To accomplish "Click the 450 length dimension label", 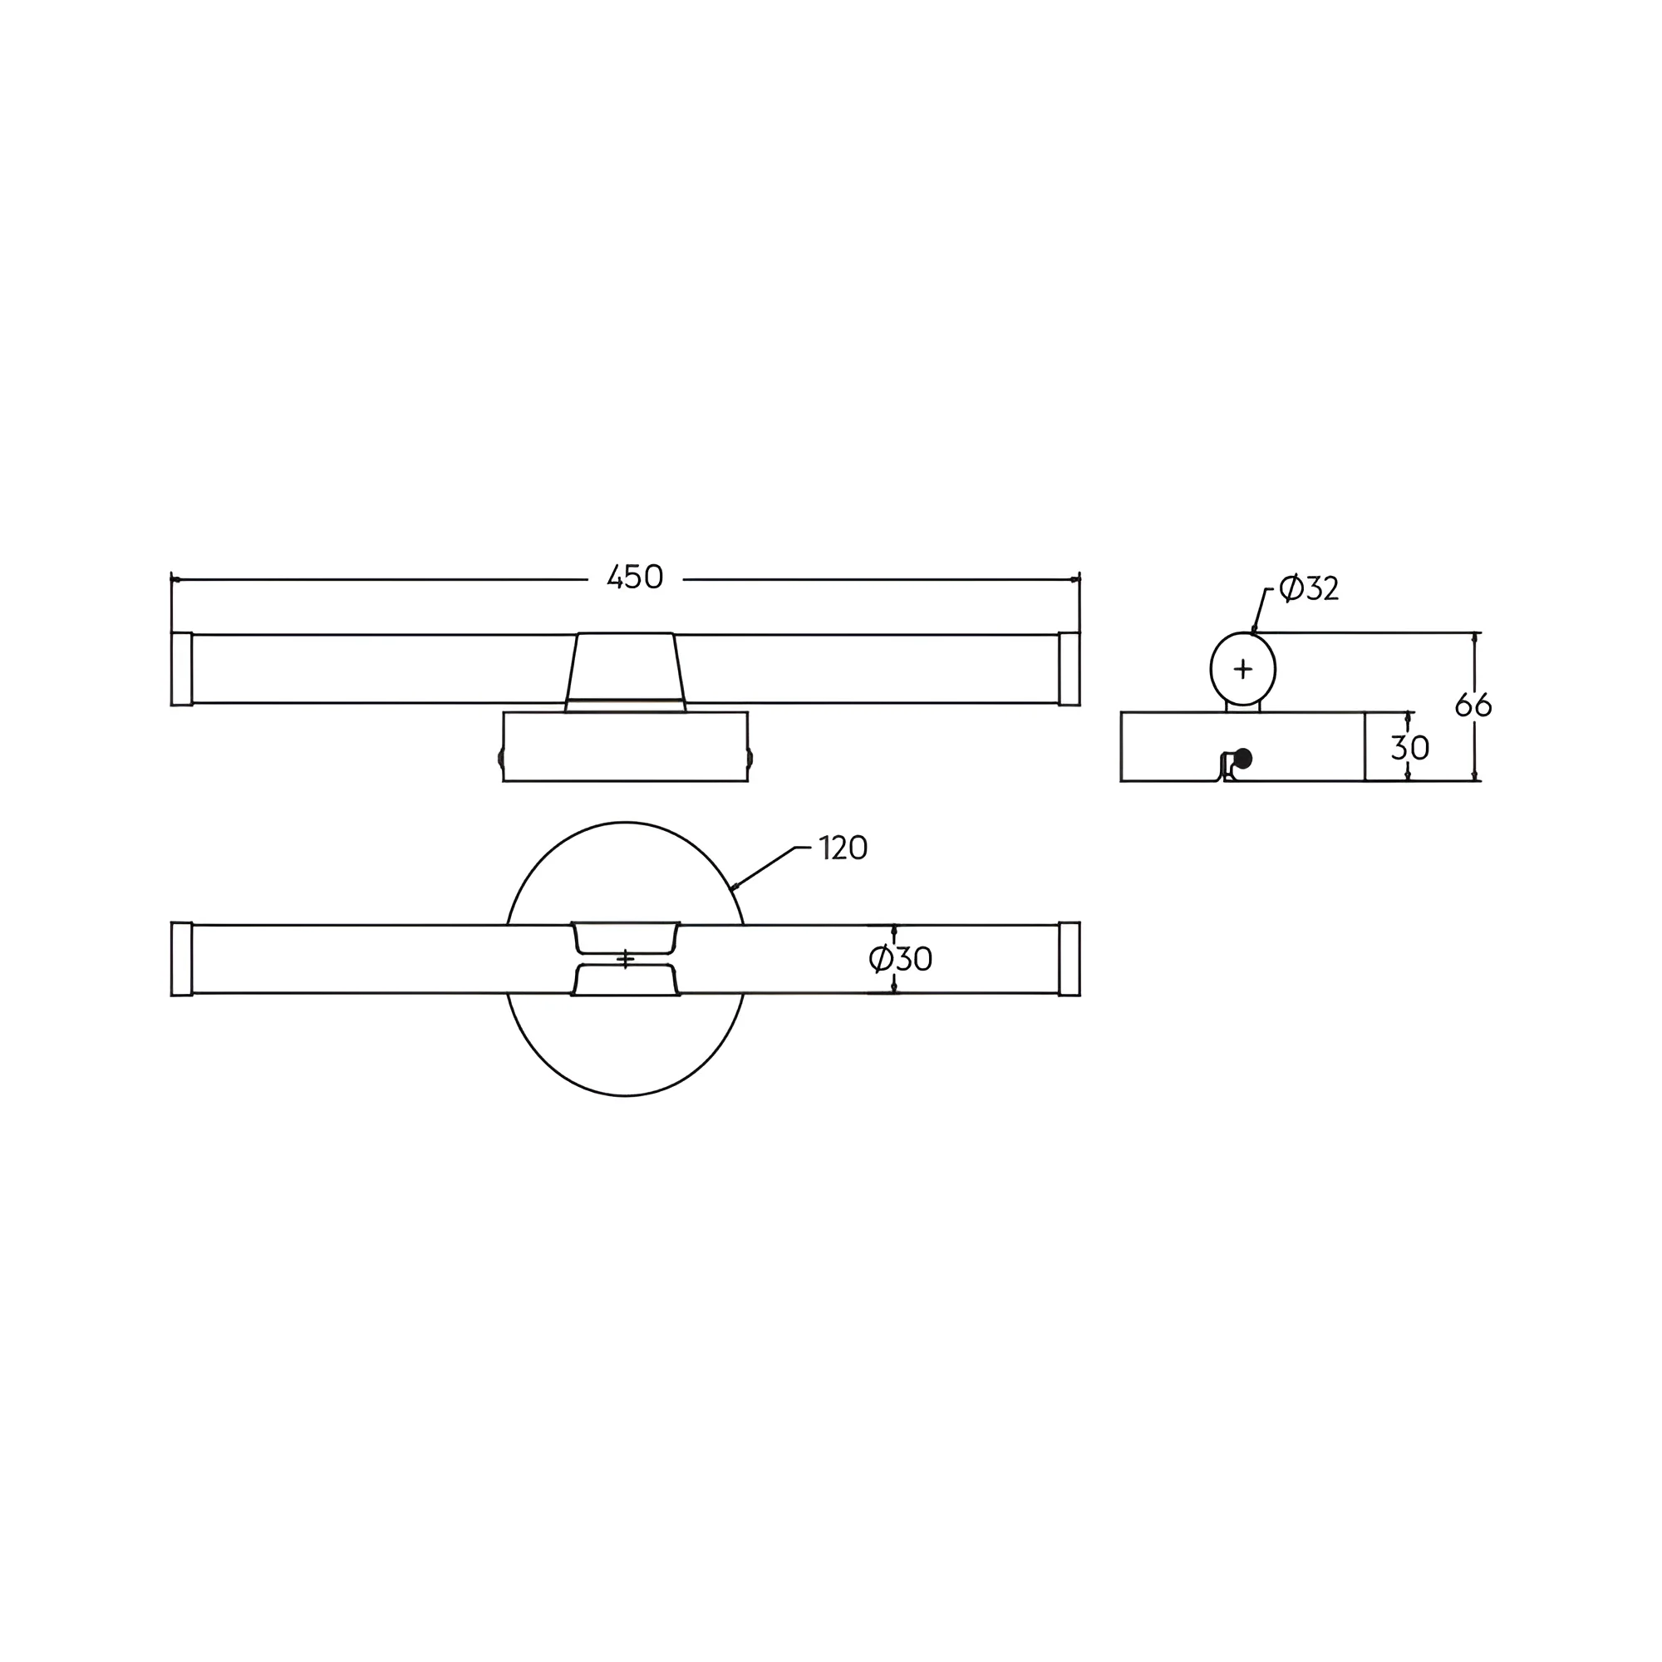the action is (635, 578).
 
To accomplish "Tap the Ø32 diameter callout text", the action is (1309, 588).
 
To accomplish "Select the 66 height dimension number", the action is (1473, 706).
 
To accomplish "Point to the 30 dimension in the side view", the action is (1410, 748).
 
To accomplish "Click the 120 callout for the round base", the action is (843, 848).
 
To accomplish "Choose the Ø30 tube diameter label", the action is (901, 958).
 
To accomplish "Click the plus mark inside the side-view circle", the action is (1243, 668).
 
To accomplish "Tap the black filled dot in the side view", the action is (1242, 759).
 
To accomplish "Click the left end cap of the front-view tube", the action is (181, 669).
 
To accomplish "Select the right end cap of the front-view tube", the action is (1069, 669).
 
